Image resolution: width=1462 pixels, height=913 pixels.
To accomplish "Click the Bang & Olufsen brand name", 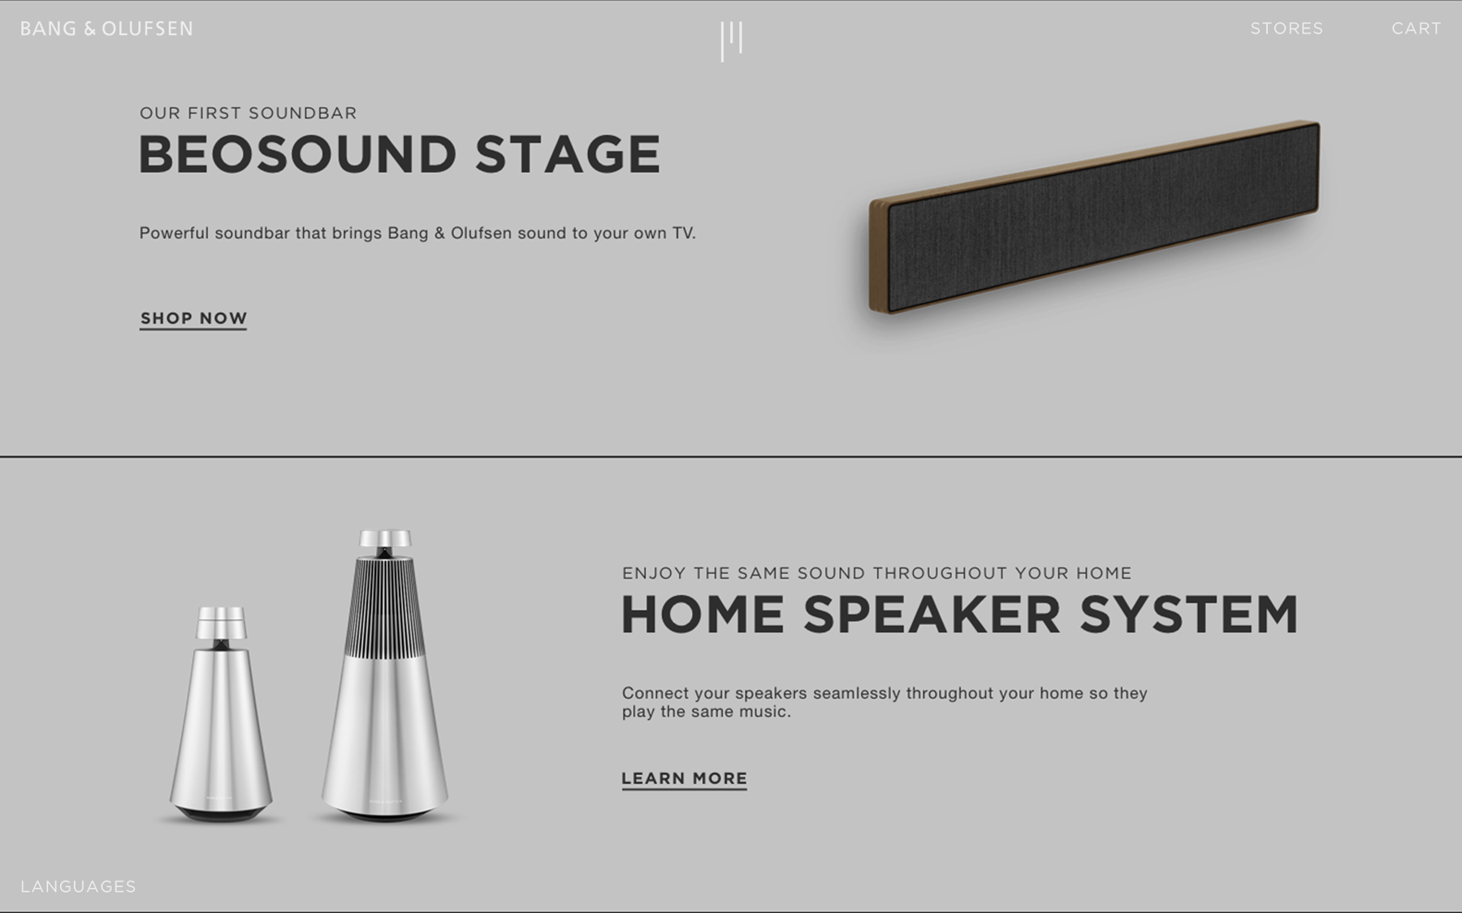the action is click(x=106, y=29).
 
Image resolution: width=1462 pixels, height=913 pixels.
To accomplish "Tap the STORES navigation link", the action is click(x=1287, y=28).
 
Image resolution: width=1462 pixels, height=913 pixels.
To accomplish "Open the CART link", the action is click(x=1417, y=28).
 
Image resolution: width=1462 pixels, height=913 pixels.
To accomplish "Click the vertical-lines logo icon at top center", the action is click(x=731, y=41).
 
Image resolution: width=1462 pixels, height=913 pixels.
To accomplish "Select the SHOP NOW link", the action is click(x=193, y=318).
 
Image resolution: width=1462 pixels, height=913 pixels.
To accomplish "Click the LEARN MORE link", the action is click(x=684, y=778).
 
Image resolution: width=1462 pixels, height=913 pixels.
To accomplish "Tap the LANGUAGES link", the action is click(x=78, y=886).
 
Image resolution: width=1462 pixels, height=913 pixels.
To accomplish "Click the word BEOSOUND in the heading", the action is click(x=297, y=154).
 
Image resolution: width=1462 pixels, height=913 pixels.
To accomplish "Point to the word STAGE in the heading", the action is click(x=568, y=154).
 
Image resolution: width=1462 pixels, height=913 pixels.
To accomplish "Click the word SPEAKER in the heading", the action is click(x=932, y=614).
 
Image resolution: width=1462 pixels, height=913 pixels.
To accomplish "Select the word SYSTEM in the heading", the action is click(x=1189, y=614).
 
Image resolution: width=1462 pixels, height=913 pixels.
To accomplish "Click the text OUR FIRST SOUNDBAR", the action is click(x=248, y=113).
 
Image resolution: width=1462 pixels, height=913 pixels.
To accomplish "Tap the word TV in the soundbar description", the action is click(x=681, y=233).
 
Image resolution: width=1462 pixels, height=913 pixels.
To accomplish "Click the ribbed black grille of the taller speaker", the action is click(x=385, y=609).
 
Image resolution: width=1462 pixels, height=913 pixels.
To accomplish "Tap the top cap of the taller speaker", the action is click(x=385, y=540).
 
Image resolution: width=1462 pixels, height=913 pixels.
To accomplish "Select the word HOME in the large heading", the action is click(x=703, y=614).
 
